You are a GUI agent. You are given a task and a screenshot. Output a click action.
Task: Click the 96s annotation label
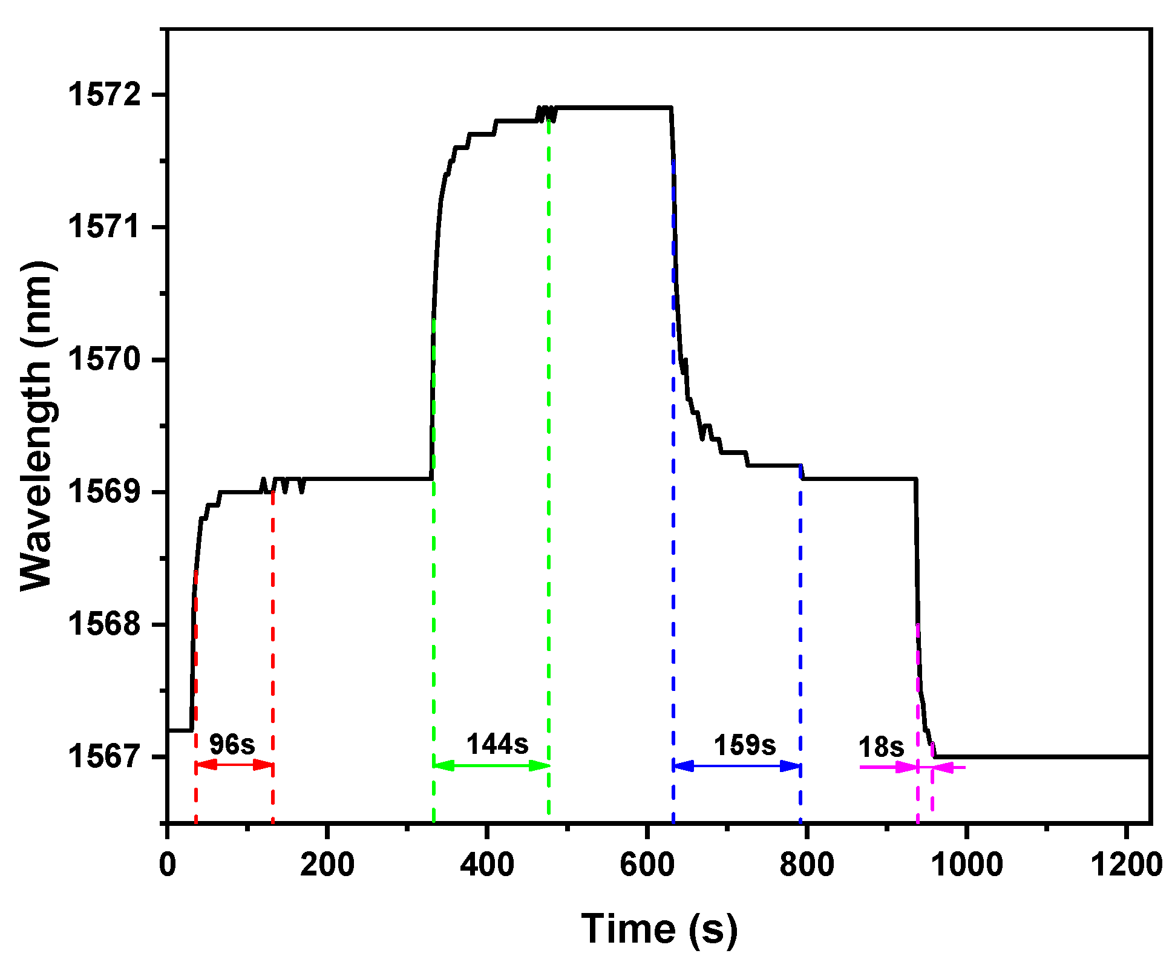pos(232,744)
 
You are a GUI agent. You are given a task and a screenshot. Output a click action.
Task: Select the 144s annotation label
pos(497,744)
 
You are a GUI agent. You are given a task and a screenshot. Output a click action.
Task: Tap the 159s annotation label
pos(745,745)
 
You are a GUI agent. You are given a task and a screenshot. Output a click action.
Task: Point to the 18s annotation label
pos(881,748)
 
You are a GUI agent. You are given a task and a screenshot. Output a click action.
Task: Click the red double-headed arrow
pos(234,765)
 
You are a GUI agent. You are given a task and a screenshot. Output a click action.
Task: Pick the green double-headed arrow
pos(491,766)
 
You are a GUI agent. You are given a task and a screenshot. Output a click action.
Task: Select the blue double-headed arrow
pos(737,767)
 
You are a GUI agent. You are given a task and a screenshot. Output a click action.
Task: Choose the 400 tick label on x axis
pos(486,865)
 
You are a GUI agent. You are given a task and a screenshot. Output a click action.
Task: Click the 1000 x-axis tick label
pos(966,865)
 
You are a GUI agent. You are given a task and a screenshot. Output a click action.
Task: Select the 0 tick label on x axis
pos(168,865)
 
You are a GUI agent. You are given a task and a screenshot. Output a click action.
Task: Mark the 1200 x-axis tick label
pos(1126,865)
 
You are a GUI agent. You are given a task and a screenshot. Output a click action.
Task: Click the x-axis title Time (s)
pos(660,929)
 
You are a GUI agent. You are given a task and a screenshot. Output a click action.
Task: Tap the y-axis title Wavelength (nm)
pos(38,425)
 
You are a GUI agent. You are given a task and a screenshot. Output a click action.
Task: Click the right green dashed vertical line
pos(549,484)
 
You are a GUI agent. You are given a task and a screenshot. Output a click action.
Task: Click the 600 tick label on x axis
pos(646,865)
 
